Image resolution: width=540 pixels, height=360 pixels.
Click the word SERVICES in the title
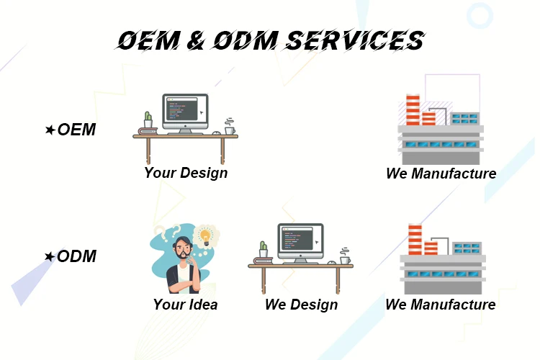coord(356,40)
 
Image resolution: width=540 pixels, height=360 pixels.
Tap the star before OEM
coord(50,130)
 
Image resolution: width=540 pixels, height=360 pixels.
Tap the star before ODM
coord(50,256)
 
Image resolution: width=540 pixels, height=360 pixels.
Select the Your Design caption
coord(186,173)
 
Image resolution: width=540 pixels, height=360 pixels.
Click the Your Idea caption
coord(185,305)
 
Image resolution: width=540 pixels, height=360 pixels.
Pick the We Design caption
coord(302,305)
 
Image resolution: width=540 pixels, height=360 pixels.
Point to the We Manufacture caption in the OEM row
coord(441,174)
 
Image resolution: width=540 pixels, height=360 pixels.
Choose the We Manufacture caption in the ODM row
coord(441,305)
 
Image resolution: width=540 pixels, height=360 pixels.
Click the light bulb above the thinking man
coord(206,237)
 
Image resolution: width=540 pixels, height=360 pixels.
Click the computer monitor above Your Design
coord(185,113)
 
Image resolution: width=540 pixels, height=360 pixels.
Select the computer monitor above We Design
coord(301,243)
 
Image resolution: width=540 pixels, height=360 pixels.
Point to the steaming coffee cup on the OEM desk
coord(230,127)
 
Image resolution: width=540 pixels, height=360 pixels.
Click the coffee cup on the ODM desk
coord(345,256)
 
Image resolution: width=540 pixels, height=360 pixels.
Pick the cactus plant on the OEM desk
coord(148,120)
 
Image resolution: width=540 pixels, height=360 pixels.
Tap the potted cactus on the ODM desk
coord(264,249)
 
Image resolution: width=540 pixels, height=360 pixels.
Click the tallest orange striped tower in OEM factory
coord(413,109)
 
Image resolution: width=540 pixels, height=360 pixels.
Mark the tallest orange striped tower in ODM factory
coord(415,240)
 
